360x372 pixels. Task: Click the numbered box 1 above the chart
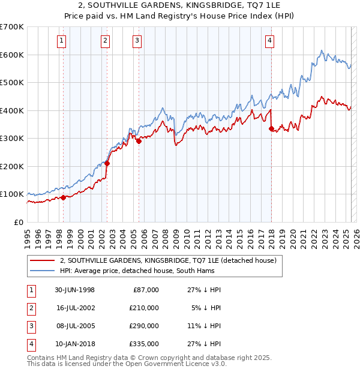[x=62, y=41]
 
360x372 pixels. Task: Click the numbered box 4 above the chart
[x=270, y=41]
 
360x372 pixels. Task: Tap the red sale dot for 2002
[x=107, y=163]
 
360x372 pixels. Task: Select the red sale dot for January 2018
[x=271, y=128]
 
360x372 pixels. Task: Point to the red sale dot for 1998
[x=63, y=197]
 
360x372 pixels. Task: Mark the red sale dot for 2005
[x=139, y=141]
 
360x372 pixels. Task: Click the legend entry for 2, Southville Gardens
[x=167, y=260]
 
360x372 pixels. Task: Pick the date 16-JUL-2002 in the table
[x=76, y=308]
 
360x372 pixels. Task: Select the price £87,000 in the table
[x=146, y=290]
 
